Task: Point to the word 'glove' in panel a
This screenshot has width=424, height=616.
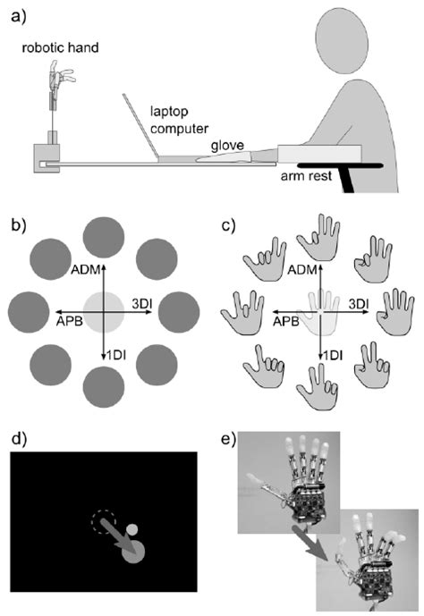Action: point(225,144)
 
